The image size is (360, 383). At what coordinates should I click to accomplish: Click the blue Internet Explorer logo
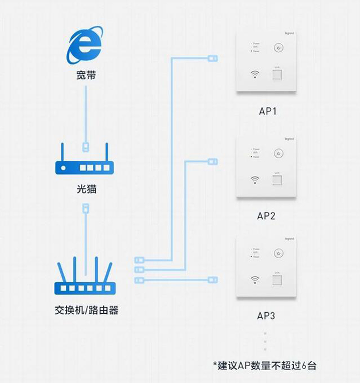[85, 44]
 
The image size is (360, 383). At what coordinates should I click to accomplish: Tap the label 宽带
[86, 74]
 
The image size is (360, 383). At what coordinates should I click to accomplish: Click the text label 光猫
[86, 189]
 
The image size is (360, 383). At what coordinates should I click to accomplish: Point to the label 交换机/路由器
[86, 310]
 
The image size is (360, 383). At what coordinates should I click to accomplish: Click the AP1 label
[267, 111]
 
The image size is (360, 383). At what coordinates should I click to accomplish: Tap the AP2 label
[266, 215]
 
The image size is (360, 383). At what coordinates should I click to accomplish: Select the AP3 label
[266, 316]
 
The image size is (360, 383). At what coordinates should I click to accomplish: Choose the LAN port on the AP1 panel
[277, 75]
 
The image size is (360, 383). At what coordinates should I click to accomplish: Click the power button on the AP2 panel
[277, 154]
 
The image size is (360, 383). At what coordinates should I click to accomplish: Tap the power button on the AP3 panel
[277, 254]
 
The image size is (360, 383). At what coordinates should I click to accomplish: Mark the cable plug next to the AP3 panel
[212, 279]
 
